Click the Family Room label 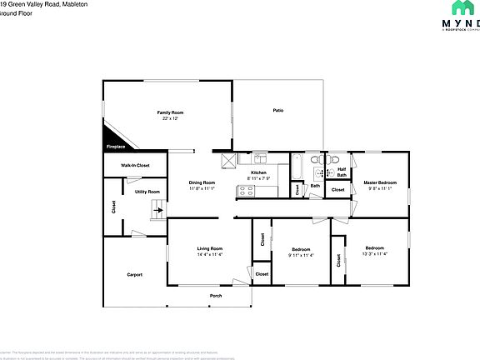click(171, 112)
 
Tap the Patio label click(278, 110)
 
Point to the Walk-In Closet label click(135, 166)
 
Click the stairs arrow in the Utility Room click(155, 212)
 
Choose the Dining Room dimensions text click(202, 189)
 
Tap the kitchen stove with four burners click(247, 191)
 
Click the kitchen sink click(261, 158)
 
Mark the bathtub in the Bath click(297, 168)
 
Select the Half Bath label click(342, 172)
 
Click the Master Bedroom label click(379, 182)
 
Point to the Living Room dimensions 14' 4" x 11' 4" click(209, 255)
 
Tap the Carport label click(134, 274)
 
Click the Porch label click(215, 296)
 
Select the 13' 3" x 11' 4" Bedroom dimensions click(374, 254)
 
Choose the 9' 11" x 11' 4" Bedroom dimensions click(301, 256)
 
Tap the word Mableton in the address click(69, 4)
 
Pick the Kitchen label click(259, 172)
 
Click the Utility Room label click(147, 192)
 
